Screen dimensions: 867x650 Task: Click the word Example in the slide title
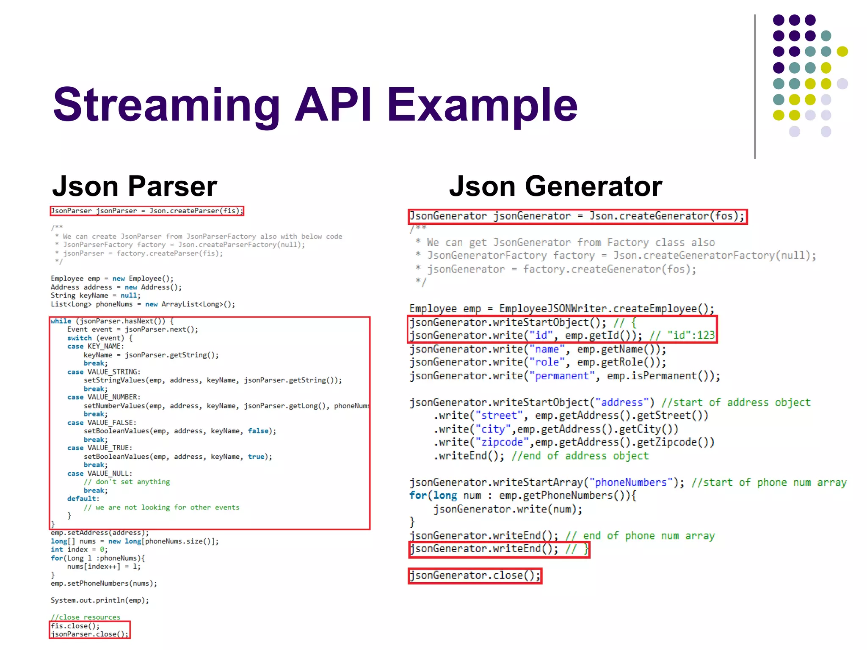click(x=482, y=105)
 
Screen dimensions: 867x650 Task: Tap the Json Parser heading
click(x=134, y=186)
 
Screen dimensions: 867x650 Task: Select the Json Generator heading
click(x=555, y=186)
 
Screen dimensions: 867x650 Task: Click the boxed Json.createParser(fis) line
click(x=146, y=211)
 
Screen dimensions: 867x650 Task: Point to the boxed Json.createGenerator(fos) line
click(x=577, y=216)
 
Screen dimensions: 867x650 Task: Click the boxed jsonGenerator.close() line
click(x=475, y=576)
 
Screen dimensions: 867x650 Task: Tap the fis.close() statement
click(x=75, y=625)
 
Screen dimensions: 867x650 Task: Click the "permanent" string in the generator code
click(x=561, y=376)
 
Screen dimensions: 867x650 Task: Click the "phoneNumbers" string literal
click(x=631, y=482)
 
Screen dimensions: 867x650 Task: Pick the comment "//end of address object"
click(x=580, y=456)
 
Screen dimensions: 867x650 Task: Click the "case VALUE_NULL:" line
click(x=99, y=474)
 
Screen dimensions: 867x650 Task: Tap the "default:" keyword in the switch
click(x=83, y=499)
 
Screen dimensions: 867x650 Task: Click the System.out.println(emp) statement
click(x=99, y=600)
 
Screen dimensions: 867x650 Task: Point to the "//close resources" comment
click(x=86, y=617)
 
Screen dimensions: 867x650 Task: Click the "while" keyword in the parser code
click(x=61, y=321)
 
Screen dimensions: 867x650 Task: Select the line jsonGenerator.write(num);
click(x=508, y=509)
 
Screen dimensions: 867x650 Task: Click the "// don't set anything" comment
click(x=127, y=482)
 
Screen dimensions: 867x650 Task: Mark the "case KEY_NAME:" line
click(x=95, y=346)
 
